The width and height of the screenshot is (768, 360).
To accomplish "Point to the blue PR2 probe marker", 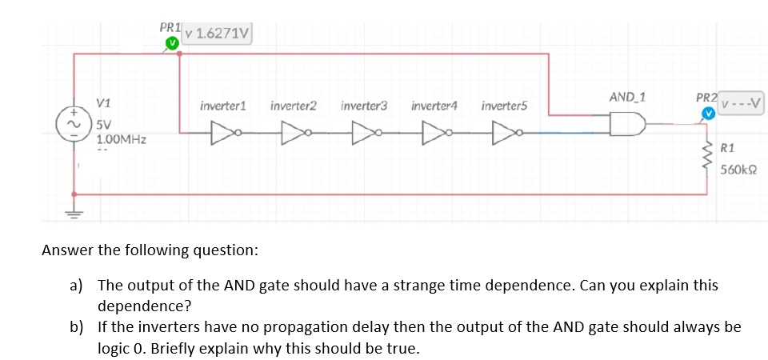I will coord(708,114).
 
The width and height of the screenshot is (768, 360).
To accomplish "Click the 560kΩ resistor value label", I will coord(738,170).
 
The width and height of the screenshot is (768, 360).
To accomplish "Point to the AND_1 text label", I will coord(627,97).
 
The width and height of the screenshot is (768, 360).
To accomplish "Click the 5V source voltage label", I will coord(105,126).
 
